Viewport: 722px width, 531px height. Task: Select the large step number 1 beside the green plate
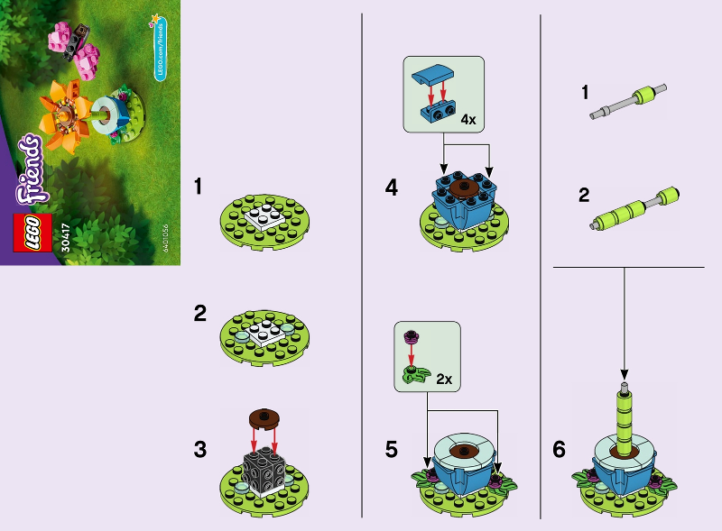click(200, 188)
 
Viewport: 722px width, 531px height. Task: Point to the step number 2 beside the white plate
click(200, 315)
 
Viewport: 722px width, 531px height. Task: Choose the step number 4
click(391, 188)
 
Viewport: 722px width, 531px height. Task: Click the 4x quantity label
click(468, 119)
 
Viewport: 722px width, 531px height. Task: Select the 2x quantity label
click(443, 380)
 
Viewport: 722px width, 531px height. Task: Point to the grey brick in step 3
click(265, 471)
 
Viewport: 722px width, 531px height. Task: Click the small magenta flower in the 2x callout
click(413, 337)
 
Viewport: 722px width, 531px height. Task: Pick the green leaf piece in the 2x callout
click(414, 375)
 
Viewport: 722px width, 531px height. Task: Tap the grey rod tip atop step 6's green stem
click(622, 389)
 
